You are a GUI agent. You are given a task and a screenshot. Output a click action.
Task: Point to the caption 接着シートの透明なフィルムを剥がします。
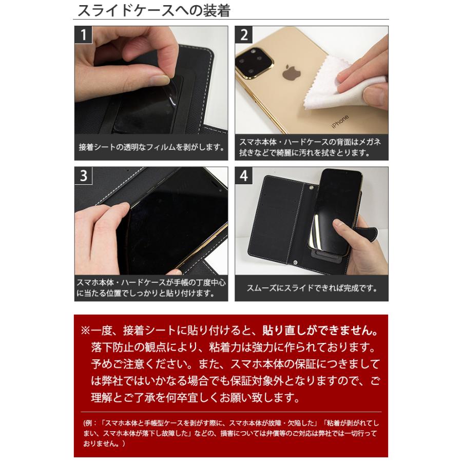[151, 148]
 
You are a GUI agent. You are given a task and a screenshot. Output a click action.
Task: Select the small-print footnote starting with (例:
[230, 434]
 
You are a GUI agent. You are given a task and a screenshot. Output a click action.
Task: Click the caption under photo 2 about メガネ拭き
[312, 148]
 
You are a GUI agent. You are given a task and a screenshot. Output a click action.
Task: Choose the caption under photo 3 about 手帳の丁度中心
[151, 288]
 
